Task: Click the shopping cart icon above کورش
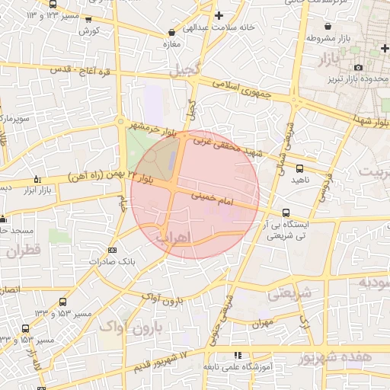(89, 20)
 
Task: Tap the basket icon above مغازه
(171, 33)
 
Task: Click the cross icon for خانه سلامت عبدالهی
(219, 15)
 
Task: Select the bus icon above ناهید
(299, 168)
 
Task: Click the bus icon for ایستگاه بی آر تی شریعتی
(286, 213)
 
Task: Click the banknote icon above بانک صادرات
(113, 250)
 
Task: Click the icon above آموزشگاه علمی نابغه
(238, 355)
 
